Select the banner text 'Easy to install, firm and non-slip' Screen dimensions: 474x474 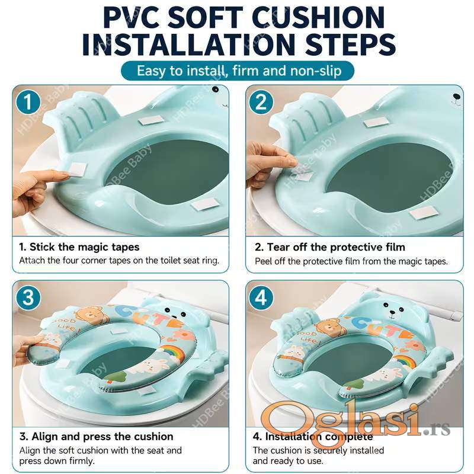[x=239, y=71]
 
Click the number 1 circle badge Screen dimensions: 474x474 [x=28, y=102]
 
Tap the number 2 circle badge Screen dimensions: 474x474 [x=261, y=102]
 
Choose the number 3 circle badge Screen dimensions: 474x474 [x=28, y=297]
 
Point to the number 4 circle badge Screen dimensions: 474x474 [x=261, y=297]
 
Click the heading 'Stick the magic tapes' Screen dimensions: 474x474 [x=84, y=247]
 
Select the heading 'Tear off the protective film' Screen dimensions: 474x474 [x=336, y=247]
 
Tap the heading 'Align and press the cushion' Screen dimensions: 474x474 [x=102, y=437]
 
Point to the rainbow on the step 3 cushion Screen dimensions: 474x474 [x=172, y=353]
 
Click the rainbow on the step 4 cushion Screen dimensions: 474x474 [x=404, y=361]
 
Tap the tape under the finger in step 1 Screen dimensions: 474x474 [x=77, y=169]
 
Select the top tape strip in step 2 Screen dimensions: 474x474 [x=376, y=122]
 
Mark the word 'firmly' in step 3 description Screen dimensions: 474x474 [x=80, y=461]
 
